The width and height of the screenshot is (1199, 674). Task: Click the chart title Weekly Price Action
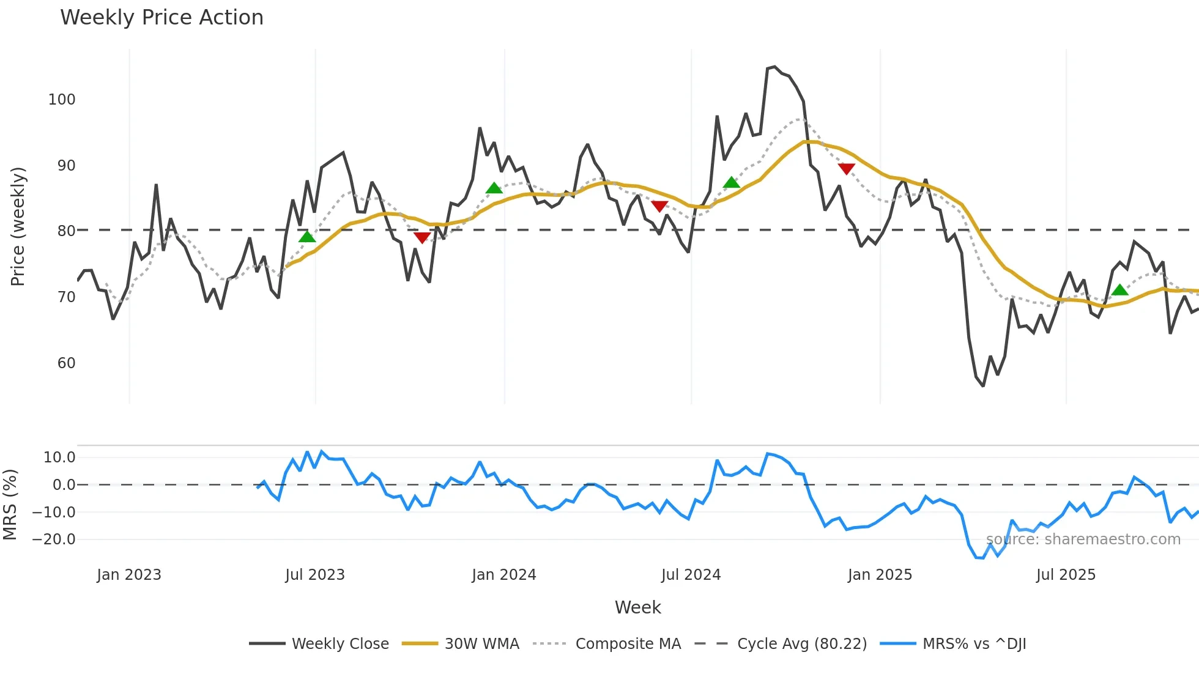(x=161, y=17)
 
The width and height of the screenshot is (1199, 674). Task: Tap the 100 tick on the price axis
(x=62, y=99)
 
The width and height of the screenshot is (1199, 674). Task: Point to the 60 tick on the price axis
(x=66, y=363)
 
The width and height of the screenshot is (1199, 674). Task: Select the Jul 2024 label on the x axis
(x=691, y=574)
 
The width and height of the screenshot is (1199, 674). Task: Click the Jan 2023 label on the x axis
(x=128, y=574)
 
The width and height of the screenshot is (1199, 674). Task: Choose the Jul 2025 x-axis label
(x=1066, y=574)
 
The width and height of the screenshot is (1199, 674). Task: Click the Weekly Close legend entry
(x=340, y=643)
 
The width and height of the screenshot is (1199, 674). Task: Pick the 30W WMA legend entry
(x=481, y=643)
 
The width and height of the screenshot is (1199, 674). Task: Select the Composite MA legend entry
(x=628, y=643)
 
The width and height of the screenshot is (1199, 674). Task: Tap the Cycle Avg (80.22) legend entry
(x=801, y=643)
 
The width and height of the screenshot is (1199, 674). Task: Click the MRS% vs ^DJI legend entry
(x=974, y=643)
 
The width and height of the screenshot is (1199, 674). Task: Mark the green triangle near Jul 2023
(x=307, y=237)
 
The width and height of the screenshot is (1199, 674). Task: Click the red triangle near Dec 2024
(x=847, y=168)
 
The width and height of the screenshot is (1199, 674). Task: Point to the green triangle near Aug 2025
(x=1120, y=290)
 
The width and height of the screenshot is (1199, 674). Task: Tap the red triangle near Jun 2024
(x=659, y=206)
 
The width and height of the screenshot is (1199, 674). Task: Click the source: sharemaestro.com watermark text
(x=1083, y=539)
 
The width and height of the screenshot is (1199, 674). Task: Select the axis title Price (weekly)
(x=18, y=226)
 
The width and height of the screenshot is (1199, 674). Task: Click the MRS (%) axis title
(x=10, y=504)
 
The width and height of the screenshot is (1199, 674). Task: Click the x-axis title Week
(x=637, y=607)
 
